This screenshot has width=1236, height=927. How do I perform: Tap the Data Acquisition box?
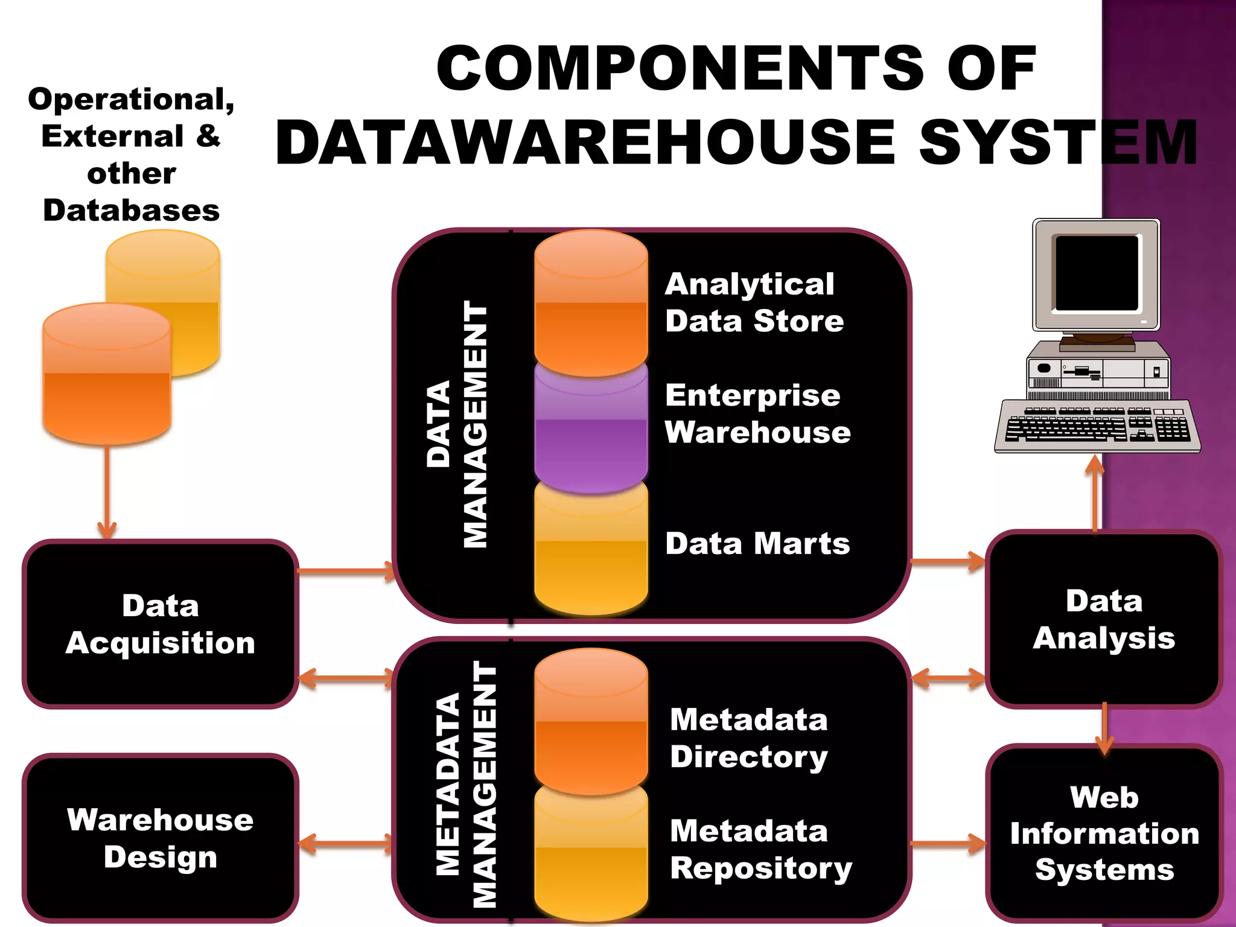point(161,624)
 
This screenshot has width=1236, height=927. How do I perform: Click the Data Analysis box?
point(1104,619)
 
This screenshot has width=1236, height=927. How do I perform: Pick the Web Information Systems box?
point(1104,833)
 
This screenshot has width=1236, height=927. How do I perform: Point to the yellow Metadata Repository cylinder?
point(591,857)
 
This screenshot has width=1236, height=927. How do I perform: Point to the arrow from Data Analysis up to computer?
point(1095,492)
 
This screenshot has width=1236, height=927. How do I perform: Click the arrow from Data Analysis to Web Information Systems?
point(1104,727)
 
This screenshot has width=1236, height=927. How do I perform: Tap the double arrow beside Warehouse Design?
point(346,844)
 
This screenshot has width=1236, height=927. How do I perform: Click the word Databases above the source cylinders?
point(131,210)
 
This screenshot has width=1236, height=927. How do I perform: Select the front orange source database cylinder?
point(107,374)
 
